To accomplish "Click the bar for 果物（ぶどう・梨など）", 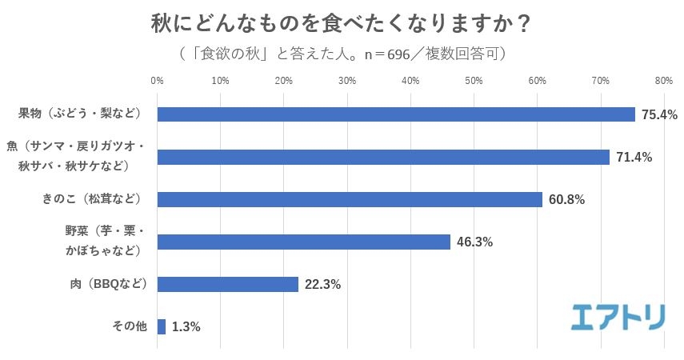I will pos(396,114).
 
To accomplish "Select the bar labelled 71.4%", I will pos(383,157).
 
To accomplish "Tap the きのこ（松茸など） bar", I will pos(350,199).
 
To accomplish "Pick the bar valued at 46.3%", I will pos(304,242).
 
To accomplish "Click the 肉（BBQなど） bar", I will pos(228,284).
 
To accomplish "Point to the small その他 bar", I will pos(162,326).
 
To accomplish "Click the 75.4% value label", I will pos(658,115).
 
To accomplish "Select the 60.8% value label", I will pos(566,200).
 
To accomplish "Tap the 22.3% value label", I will pos(322,285).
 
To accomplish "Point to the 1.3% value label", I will pos(186,327).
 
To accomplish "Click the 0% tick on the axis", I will pos(158,81).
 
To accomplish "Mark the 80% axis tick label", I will pos(663,81).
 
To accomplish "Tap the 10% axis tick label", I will pos(221,81).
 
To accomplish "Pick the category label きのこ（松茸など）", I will pos(90,198).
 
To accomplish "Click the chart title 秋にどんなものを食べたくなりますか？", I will pos(342,23).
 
